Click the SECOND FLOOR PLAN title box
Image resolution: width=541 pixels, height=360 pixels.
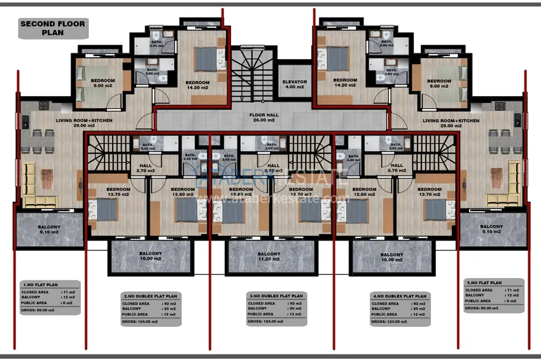click(53, 29)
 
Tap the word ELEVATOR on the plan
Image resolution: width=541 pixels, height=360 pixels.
click(295, 82)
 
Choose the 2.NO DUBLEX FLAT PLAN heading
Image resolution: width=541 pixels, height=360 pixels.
click(150, 296)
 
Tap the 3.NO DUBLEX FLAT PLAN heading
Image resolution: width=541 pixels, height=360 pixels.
click(275, 296)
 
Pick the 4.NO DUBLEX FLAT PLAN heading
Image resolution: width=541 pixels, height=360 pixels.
click(399, 296)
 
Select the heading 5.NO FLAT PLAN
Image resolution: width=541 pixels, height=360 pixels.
click(484, 283)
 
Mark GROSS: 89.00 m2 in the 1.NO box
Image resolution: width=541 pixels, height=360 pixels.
click(41, 310)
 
